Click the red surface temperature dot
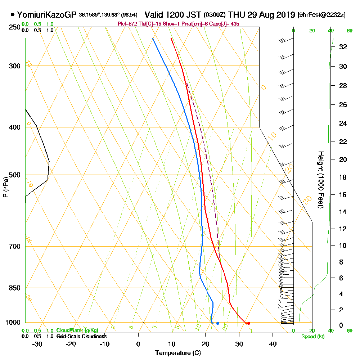[248, 323]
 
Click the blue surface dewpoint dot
[217, 323]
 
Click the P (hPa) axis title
[5, 187]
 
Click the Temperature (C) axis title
[178, 353]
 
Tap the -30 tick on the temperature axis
[37, 344]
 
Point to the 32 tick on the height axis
[343, 47]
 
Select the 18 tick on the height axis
[343, 177]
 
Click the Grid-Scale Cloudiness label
[81, 336]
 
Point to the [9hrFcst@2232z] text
[321, 15]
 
